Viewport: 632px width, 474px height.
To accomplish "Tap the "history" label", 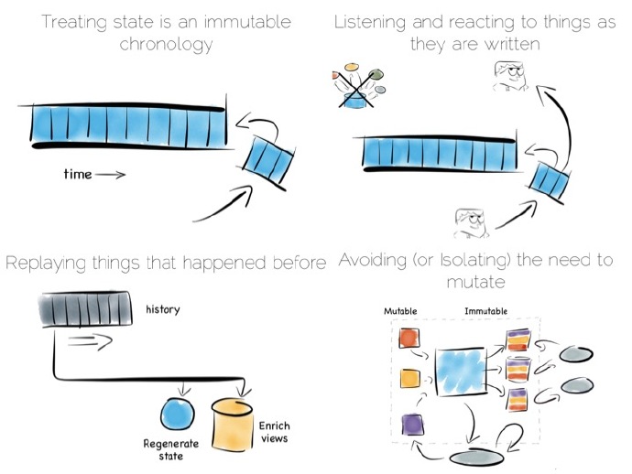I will tap(163, 309).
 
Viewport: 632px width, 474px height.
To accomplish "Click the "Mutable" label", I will tap(400, 311).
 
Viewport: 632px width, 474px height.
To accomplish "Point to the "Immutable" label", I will tap(485, 311).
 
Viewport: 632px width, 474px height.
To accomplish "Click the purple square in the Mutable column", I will tap(410, 424).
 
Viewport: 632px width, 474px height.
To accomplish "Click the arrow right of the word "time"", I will tap(109, 175).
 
